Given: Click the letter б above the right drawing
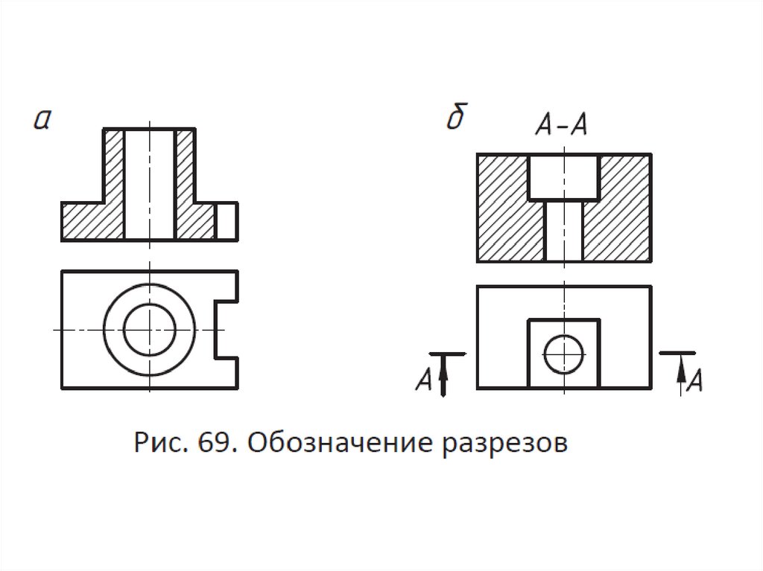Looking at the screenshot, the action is coord(456,119).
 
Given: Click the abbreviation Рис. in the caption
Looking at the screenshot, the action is coord(162,444).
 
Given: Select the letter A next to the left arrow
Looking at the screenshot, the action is coord(424,380).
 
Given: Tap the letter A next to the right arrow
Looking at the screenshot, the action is coord(694,380).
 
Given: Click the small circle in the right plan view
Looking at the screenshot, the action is coord(563,354).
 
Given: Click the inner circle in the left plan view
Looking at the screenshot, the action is coord(150,329).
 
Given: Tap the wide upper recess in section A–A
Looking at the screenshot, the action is coord(563,177).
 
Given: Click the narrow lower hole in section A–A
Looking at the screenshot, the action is coord(563,231).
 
